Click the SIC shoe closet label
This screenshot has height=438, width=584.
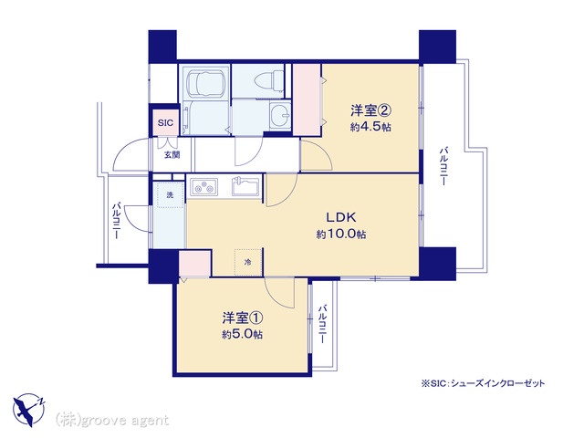[165, 122]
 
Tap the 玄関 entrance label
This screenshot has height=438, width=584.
[172, 154]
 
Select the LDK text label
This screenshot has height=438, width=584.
[341, 216]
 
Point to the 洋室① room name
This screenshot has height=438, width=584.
[244, 318]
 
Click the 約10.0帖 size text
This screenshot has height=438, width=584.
[341, 235]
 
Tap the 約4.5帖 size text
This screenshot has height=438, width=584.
[370, 127]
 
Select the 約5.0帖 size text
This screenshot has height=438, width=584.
[243, 335]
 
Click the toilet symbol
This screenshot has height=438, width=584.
[268, 80]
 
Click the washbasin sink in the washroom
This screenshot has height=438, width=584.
[280, 114]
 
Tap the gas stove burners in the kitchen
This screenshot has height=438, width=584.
[203, 187]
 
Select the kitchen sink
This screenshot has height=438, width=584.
[245, 186]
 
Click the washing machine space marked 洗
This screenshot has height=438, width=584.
[170, 194]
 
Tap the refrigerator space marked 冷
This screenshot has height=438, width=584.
[248, 262]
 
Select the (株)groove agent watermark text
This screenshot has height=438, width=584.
[112, 421]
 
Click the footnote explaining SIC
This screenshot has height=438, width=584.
[483, 383]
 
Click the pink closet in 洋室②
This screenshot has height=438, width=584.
[307, 99]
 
